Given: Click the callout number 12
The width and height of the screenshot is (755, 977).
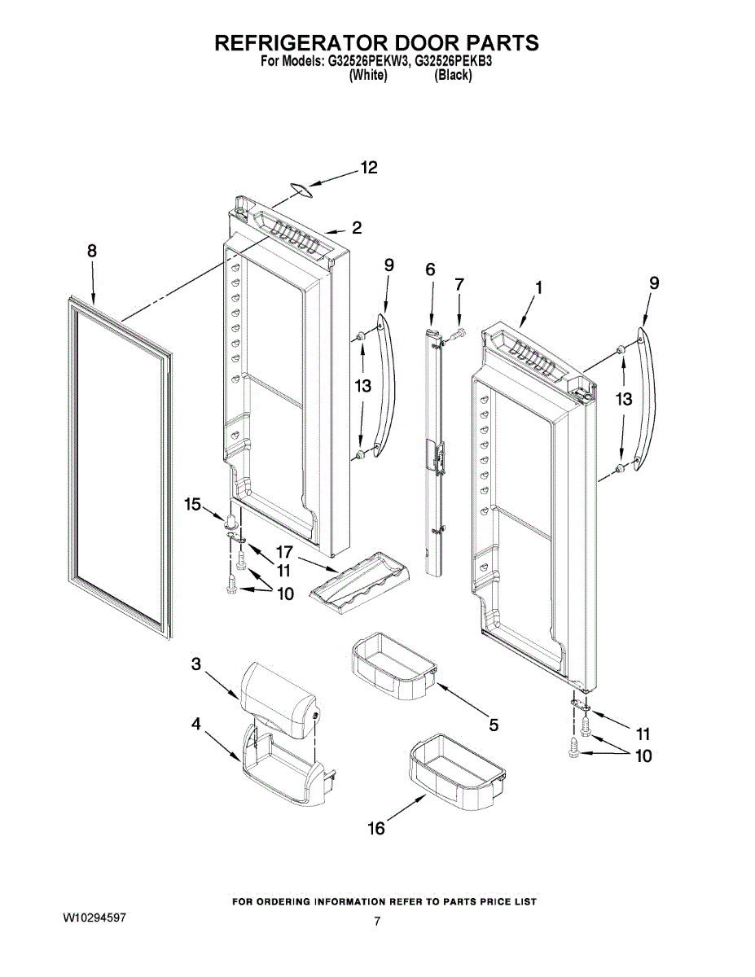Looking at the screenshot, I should coord(369,168).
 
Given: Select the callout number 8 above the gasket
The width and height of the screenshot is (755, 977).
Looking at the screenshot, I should coord(91,252).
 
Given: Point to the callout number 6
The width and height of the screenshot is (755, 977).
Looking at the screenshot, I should coord(430,269).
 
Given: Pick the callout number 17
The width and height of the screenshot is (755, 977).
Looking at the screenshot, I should coord(284,550).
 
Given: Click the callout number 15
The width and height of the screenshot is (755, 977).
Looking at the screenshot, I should coord(193,505).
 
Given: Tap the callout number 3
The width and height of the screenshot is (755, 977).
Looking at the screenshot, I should coord(195,664).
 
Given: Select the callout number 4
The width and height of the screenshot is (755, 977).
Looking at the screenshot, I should coord(195,722).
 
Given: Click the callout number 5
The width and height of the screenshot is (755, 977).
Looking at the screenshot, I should coord(494,725).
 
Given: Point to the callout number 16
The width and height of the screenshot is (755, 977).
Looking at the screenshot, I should coord(376,829).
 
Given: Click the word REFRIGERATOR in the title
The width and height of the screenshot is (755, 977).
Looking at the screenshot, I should coord(301,42).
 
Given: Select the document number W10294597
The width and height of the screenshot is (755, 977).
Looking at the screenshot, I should coord(94,918).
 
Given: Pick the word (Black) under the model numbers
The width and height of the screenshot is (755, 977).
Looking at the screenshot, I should coord(453,75).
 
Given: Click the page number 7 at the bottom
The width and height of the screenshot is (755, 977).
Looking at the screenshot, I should coord(377,922).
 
